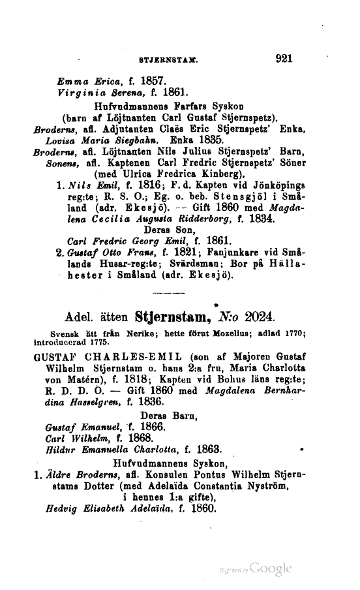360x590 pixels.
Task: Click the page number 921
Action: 287,58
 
